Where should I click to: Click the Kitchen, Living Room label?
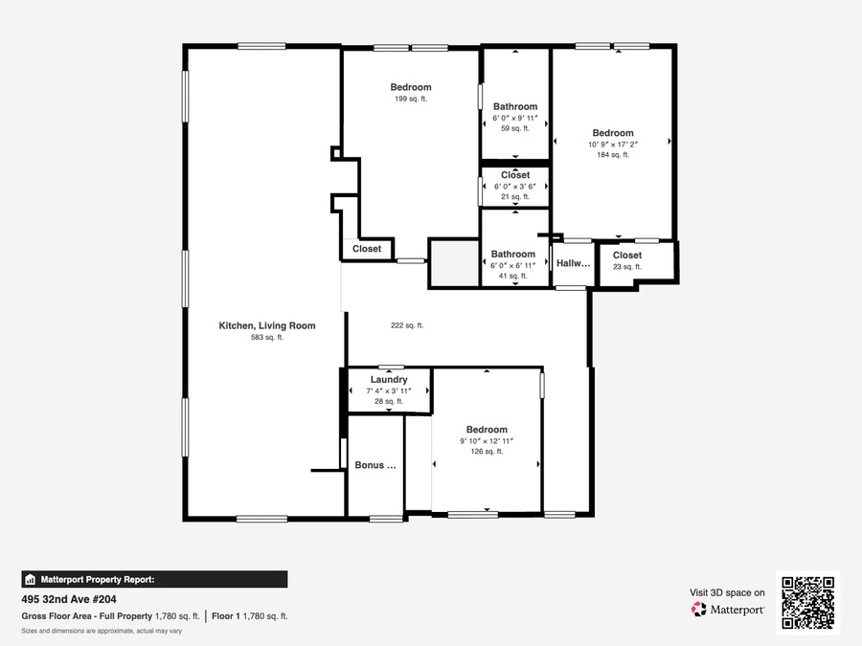pos(267,325)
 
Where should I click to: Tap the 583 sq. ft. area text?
pos(267,337)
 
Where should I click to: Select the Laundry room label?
pos(389,380)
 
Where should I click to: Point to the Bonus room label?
pos(375,465)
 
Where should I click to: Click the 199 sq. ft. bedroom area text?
pos(411,99)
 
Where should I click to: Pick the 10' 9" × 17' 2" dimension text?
pos(613,145)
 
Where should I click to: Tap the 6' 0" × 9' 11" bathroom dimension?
pos(515,118)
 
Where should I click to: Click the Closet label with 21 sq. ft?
pos(515,175)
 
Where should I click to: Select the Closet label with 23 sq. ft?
pos(627,256)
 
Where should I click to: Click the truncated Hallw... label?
pos(574,263)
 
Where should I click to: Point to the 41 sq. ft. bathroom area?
pos(513,276)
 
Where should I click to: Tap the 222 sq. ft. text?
pos(407,325)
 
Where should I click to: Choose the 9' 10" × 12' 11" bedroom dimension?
pos(487,441)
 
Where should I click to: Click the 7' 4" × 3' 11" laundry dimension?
pos(389,391)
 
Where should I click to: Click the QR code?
pos(808,603)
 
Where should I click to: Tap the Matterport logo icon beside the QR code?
pos(699,610)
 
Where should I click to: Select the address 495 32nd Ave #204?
pos(69,599)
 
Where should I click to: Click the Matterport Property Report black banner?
pos(154,580)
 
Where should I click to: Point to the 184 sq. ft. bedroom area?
pos(613,155)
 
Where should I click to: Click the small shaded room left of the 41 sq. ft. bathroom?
pos(454,262)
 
